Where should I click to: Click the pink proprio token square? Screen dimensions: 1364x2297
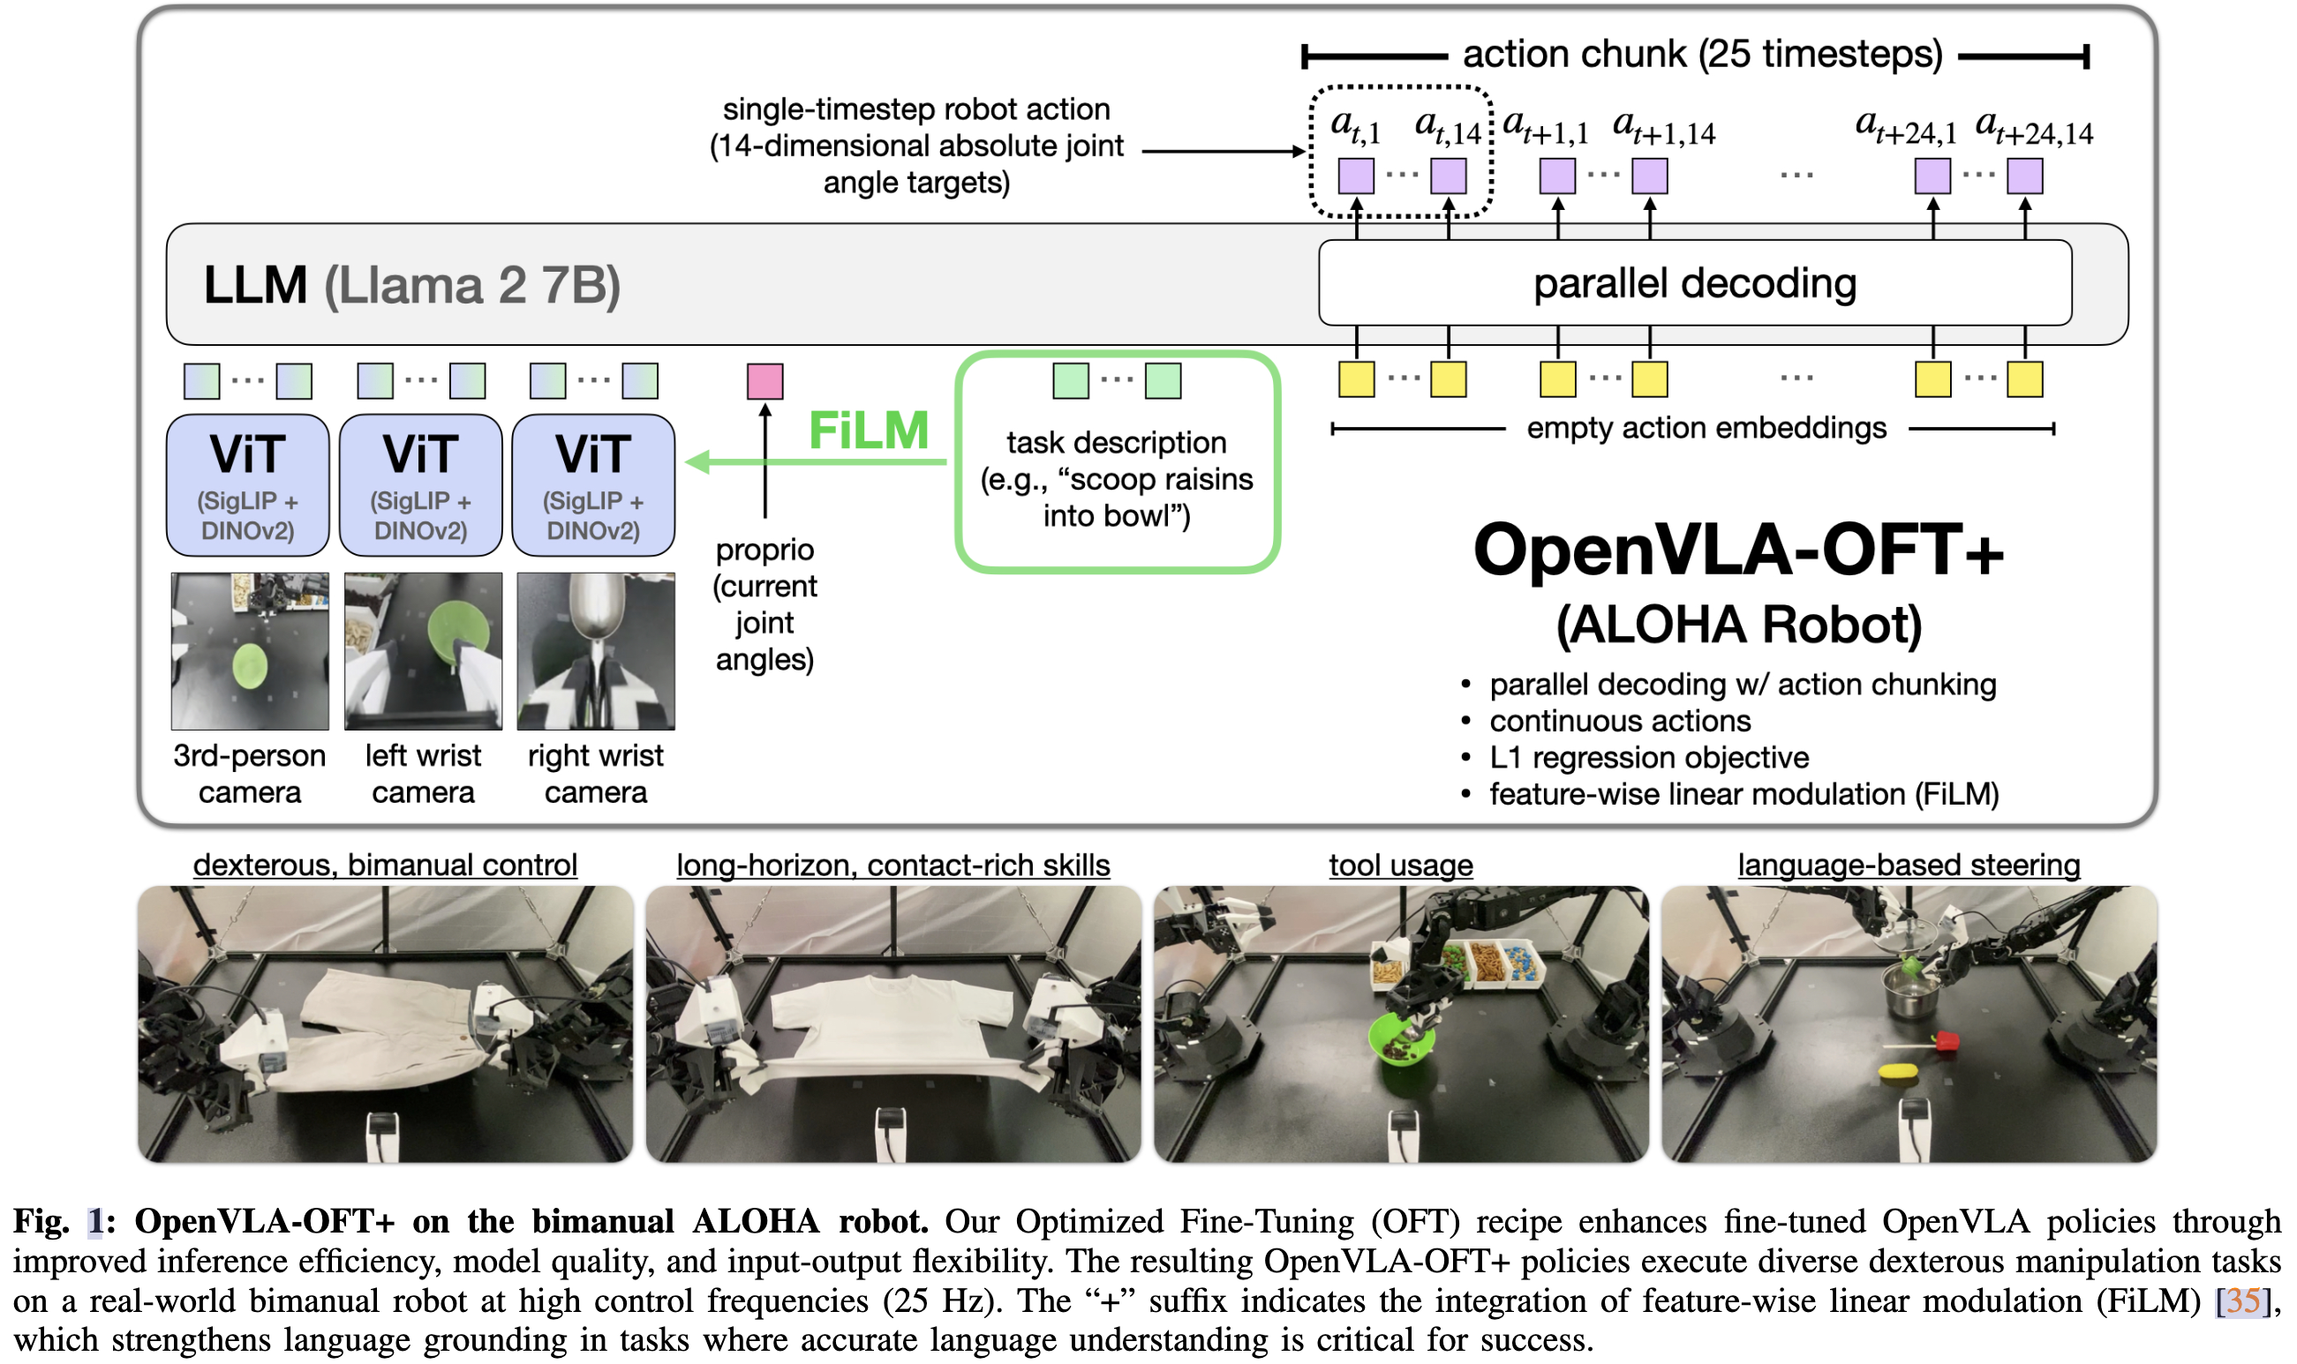point(764,381)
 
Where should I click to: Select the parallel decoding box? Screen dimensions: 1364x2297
point(1694,283)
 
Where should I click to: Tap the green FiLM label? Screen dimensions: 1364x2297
point(868,431)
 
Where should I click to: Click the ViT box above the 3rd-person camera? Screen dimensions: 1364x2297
point(248,484)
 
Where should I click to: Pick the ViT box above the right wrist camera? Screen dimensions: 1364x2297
point(593,484)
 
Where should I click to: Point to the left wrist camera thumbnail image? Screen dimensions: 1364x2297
point(423,651)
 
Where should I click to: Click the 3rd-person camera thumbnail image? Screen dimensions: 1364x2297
point(249,651)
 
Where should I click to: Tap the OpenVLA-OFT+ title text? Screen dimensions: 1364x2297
point(1738,550)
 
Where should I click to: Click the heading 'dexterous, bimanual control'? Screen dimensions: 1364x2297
point(385,865)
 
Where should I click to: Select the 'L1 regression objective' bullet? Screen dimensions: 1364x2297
point(1648,757)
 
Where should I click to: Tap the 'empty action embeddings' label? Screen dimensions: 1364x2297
point(1706,428)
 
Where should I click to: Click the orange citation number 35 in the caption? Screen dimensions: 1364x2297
point(2242,1300)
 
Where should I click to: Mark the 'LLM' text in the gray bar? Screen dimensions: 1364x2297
point(255,285)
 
